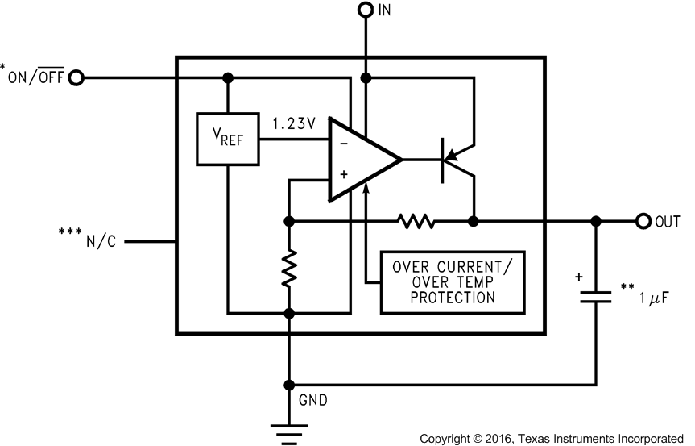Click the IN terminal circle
pos(366,10)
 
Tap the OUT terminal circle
pos(643,221)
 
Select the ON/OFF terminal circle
pos(77,78)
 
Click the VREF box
pos(228,138)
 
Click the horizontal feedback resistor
pos(416,221)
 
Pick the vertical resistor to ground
pos(288,268)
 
